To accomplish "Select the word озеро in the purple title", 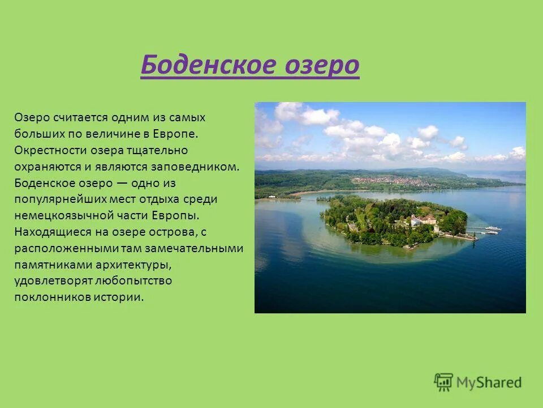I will point(320,66).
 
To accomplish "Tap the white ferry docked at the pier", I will point(493,228).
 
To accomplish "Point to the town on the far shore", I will point(396,181).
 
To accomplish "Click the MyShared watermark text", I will point(489,382).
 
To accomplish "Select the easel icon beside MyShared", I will point(443,382).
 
